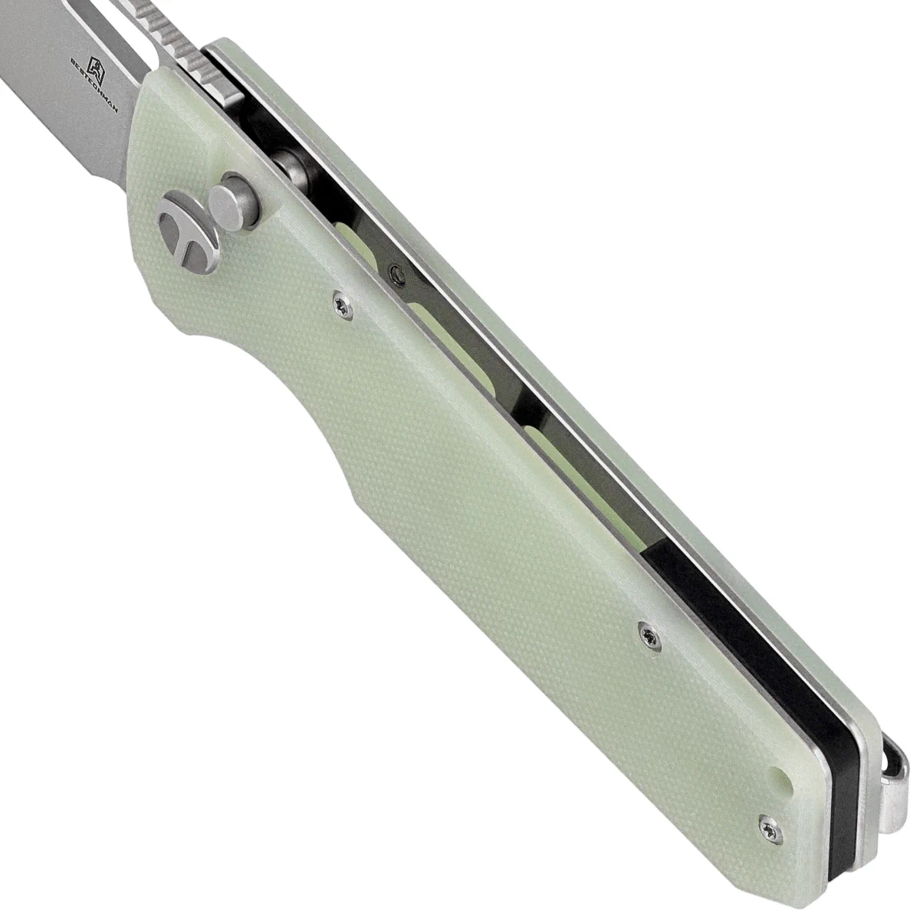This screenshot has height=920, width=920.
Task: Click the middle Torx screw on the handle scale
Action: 650,635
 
